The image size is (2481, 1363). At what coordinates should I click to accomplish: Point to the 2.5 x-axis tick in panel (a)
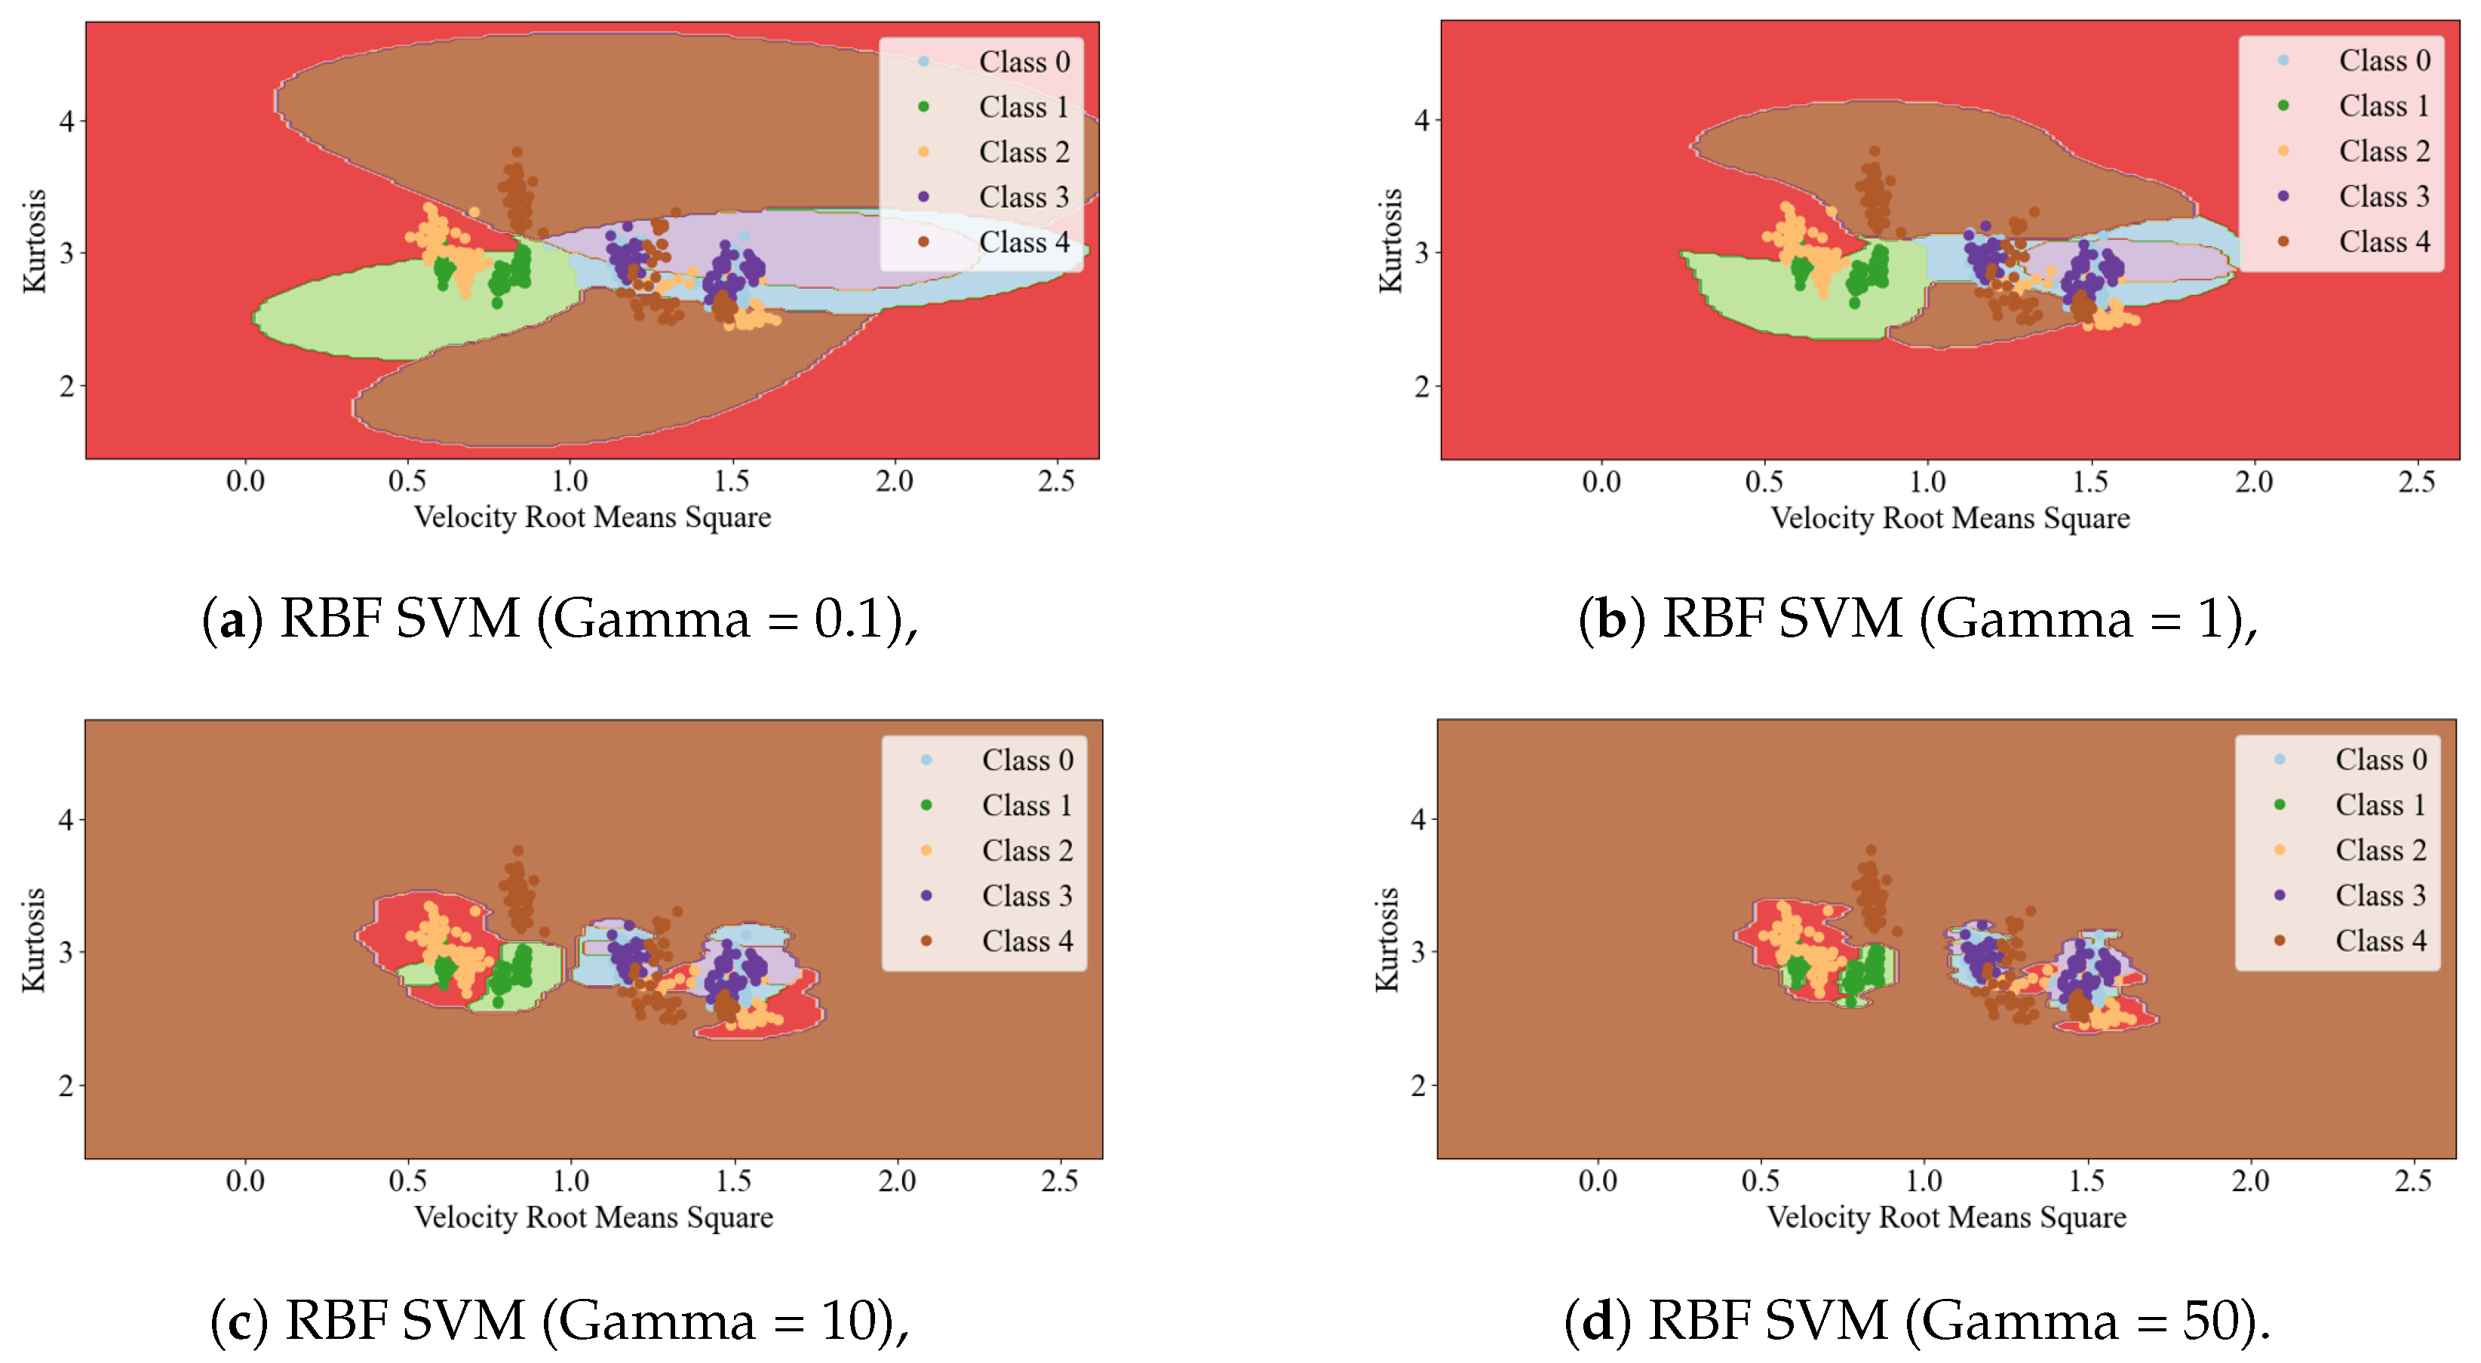tap(1055, 480)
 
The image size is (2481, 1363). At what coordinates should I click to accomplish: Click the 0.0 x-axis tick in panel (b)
tap(1601, 482)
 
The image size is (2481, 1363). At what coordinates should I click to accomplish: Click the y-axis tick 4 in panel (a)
tap(66, 121)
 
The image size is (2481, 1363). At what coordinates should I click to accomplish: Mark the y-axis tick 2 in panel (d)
tap(1417, 1085)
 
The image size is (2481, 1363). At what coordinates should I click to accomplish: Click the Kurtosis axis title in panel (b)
tap(1389, 241)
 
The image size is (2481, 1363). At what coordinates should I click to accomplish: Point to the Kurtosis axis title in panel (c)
tap(35, 939)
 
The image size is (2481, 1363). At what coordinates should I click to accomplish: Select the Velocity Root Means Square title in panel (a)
tap(592, 517)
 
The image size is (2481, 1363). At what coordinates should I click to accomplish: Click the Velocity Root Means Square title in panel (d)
tap(1945, 1217)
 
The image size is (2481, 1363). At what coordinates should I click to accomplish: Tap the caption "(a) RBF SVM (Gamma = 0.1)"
tap(559, 619)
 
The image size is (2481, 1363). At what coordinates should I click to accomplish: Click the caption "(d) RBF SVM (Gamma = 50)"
tap(1917, 1320)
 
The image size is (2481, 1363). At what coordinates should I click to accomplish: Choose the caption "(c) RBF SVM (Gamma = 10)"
tap(559, 1320)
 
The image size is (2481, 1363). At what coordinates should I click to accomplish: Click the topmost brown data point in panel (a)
tap(517, 152)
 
